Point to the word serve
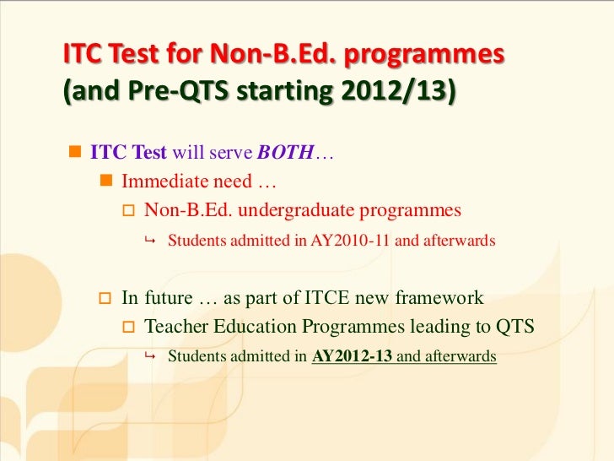pyautogui.click(x=229, y=155)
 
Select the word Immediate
pyautogui.click(x=165, y=182)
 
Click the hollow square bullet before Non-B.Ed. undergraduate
pyautogui.click(x=129, y=210)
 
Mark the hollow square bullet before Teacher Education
pyautogui.click(x=129, y=327)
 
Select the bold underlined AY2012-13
pyautogui.click(x=352, y=356)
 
